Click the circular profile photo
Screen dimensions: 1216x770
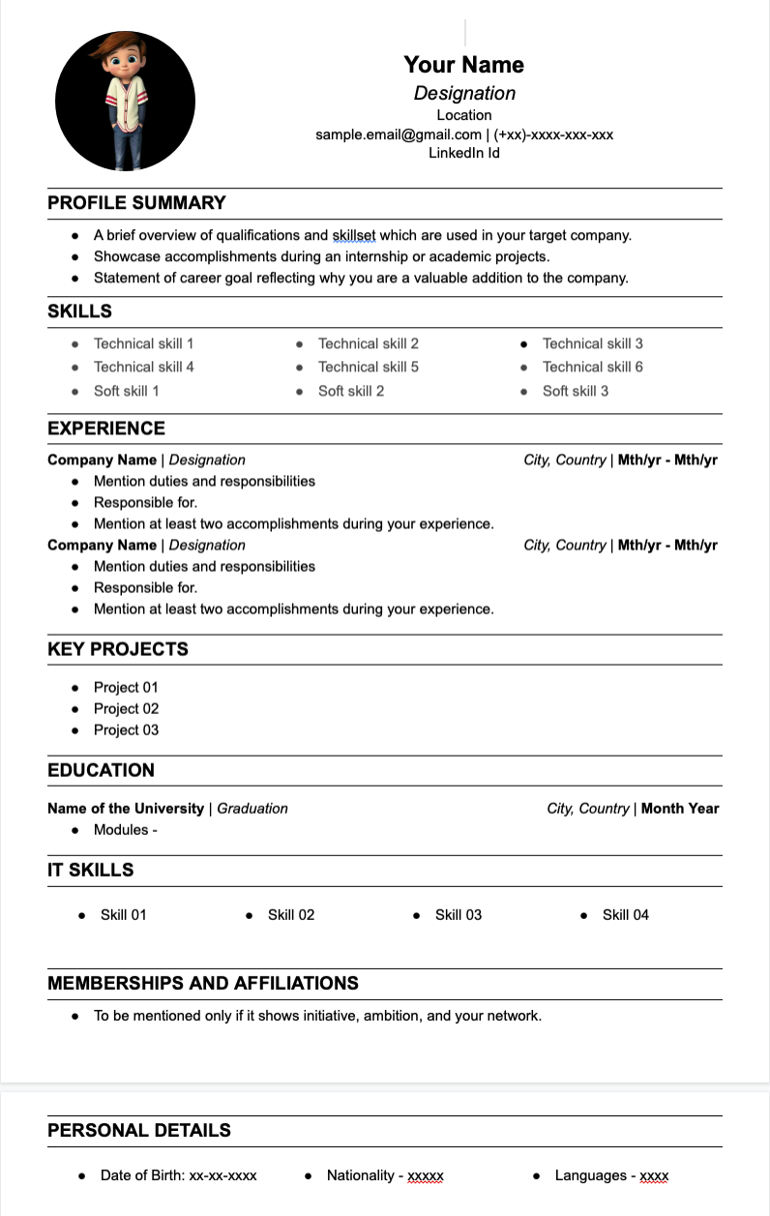125,102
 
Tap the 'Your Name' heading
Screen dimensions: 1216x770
463,65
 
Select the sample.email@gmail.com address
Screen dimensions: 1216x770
399,134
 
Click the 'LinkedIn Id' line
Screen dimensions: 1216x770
463,153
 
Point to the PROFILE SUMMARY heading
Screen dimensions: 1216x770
136,203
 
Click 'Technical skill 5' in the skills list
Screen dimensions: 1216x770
368,367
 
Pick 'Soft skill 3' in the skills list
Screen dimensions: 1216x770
575,391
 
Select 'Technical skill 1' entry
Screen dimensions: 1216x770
143,343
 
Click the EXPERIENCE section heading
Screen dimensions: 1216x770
106,429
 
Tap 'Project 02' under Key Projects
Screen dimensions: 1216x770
126,708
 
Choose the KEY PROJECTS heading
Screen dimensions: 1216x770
118,649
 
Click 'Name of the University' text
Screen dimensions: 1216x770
126,809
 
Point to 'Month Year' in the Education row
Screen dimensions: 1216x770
680,809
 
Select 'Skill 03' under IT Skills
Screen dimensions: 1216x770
458,915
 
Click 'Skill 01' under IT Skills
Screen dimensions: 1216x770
123,915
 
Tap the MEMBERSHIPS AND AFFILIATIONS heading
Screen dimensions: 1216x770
203,984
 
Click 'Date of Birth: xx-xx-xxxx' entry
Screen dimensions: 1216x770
178,1175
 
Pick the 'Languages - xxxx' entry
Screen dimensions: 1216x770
611,1175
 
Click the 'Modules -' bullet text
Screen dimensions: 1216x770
125,830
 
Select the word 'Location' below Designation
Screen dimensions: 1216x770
463,115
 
